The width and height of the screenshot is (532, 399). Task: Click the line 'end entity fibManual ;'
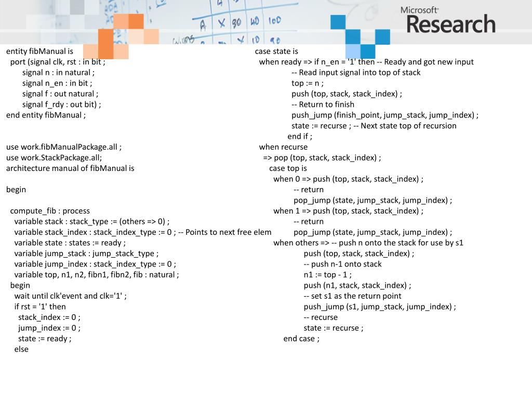coord(46,115)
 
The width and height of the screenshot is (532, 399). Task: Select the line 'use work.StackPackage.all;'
coord(54,158)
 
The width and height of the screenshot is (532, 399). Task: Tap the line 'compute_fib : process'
coord(50,211)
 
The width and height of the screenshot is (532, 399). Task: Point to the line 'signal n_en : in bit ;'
coord(57,83)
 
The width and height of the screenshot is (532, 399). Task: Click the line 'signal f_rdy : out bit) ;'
coord(61,104)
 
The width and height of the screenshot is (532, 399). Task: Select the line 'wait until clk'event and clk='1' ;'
coord(70,296)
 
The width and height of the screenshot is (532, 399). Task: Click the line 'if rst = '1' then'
coord(40,307)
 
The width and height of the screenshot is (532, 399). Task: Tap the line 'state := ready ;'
coord(45,339)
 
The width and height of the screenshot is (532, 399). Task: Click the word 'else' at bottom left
coord(21,349)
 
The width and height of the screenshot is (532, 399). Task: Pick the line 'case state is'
coord(276,51)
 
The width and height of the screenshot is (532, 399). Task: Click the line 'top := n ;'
coord(308,83)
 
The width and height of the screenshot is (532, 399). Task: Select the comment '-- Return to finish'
coord(323,104)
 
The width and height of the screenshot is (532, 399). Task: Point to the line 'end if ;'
coord(300,137)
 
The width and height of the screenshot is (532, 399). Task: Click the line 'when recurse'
coord(283,147)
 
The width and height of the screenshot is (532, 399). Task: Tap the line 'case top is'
coord(288,168)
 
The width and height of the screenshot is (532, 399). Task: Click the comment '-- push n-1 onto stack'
coord(342,264)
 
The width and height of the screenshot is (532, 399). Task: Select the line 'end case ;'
coord(301,339)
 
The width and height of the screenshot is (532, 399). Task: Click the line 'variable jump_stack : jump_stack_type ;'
coord(86,254)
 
